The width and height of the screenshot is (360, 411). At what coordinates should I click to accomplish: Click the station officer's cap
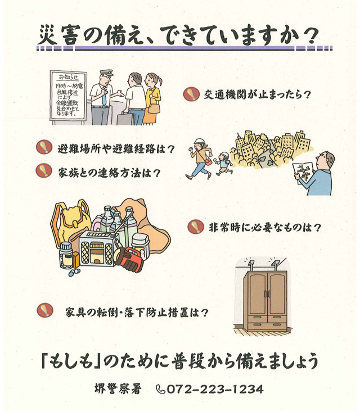[107, 73]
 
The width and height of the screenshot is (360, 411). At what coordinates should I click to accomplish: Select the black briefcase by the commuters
[125, 118]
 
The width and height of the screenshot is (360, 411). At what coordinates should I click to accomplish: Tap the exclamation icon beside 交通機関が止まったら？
[191, 94]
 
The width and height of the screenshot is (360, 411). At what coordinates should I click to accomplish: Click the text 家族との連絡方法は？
[109, 173]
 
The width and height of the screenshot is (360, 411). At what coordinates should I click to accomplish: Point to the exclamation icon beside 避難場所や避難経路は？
[44, 147]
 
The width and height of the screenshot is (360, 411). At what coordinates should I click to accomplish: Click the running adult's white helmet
[199, 142]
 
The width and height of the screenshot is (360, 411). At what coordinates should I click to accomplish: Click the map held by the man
[303, 173]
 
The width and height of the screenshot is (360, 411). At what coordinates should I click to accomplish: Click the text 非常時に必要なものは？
[264, 227]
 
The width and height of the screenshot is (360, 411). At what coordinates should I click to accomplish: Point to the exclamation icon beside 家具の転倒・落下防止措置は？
[46, 310]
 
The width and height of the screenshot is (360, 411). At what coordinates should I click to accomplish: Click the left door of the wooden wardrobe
[257, 294]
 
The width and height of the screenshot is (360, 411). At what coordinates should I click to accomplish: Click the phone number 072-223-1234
[214, 389]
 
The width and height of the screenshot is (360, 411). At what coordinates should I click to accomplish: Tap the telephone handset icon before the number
[160, 389]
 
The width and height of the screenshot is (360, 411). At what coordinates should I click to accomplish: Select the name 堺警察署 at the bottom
[118, 389]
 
